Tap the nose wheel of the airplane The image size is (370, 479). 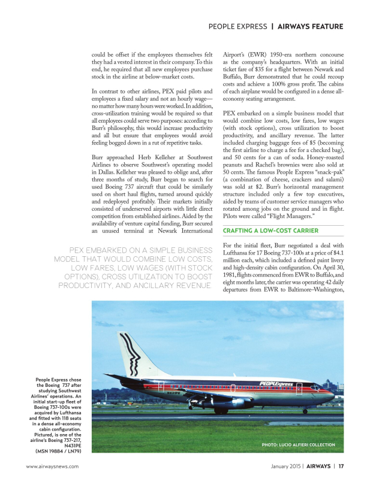click(305, 411)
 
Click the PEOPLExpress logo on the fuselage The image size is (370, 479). click(276, 384)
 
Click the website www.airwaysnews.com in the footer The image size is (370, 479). click(52, 466)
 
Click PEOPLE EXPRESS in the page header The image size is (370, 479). click(237, 26)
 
